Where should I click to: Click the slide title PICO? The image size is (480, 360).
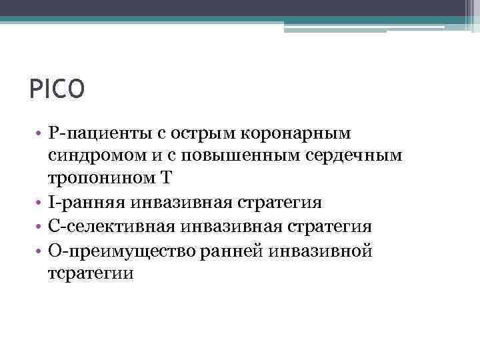(57, 89)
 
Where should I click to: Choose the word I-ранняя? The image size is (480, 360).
(87, 203)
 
